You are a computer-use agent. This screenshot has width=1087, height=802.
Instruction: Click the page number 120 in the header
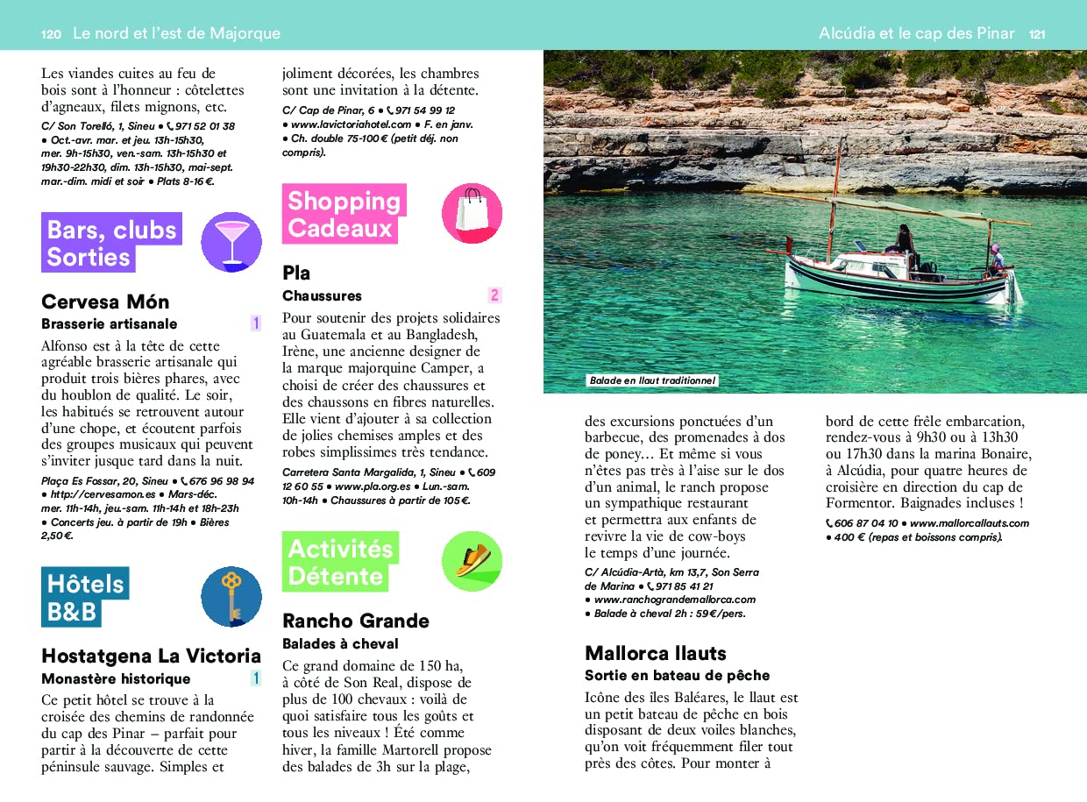click(x=51, y=34)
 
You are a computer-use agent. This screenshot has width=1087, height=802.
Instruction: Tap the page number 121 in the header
click(x=1037, y=34)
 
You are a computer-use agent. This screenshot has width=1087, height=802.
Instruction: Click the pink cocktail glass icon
click(x=231, y=242)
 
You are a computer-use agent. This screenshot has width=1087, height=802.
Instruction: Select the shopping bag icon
click(x=472, y=213)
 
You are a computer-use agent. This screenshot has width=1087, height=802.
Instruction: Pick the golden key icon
click(x=231, y=596)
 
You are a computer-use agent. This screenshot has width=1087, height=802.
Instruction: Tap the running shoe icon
click(x=472, y=561)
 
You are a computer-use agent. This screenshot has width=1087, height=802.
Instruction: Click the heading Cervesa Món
click(x=105, y=302)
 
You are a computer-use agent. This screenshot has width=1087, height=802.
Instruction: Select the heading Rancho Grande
click(x=355, y=621)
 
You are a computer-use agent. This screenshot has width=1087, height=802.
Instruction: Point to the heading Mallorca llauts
click(x=655, y=653)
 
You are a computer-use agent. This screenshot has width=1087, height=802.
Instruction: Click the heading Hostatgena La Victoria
click(x=151, y=656)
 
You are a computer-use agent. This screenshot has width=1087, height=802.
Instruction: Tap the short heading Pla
click(x=296, y=273)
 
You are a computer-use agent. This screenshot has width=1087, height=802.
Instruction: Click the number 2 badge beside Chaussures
click(x=494, y=295)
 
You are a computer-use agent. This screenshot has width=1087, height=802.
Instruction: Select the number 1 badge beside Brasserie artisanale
click(x=255, y=323)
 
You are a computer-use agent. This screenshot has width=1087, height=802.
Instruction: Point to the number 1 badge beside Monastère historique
click(x=255, y=678)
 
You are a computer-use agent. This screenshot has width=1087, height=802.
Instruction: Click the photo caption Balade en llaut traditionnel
click(x=652, y=381)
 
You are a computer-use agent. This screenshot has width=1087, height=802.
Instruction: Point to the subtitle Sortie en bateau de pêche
click(x=677, y=676)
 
